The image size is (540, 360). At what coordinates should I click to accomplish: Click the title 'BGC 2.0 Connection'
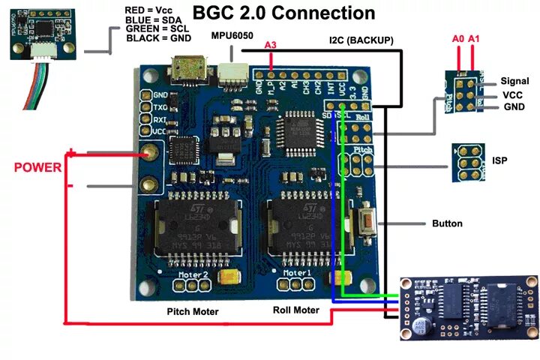(x=284, y=13)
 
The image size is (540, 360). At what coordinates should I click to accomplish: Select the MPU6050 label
(x=232, y=36)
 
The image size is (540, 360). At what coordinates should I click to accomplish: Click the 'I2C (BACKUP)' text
(x=361, y=39)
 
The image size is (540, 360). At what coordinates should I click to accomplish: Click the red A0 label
(x=457, y=37)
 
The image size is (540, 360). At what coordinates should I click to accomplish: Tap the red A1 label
(x=474, y=37)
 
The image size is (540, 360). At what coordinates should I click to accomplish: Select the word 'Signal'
(x=514, y=81)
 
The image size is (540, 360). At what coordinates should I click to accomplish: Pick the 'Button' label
(x=447, y=223)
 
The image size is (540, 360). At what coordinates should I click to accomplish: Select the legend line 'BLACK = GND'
(x=159, y=38)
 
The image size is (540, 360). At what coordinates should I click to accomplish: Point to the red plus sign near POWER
(x=71, y=154)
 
